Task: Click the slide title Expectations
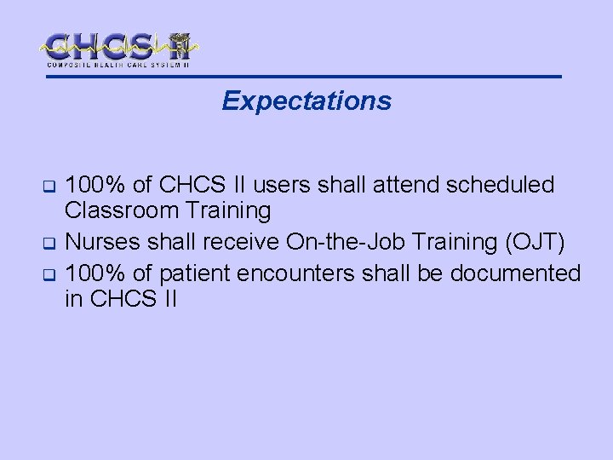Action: (x=306, y=101)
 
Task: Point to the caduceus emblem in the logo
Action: (x=179, y=46)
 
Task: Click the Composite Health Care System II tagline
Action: (x=118, y=65)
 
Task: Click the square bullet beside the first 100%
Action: (x=49, y=186)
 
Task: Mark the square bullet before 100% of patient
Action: (x=49, y=275)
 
